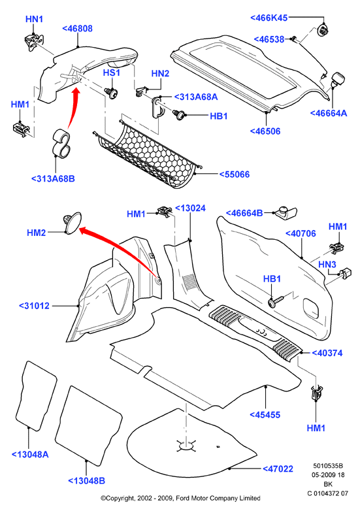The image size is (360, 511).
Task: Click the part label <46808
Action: pyautogui.click(x=78, y=29)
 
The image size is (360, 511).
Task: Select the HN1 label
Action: pyautogui.click(x=34, y=19)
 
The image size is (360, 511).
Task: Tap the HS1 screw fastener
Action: pyautogui.click(x=112, y=93)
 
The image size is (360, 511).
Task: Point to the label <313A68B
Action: pyautogui.click(x=53, y=178)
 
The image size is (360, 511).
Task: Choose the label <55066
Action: pyautogui.click(x=235, y=174)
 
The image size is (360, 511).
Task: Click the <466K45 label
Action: pyautogui.click(x=269, y=18)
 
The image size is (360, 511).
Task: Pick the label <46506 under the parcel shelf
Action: pyautogui.click(x=265, y=131)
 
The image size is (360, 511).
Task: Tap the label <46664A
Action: pyautogui.click(x=329, y=113)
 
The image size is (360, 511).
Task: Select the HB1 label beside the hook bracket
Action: pyautogui.click(x=219, y=116)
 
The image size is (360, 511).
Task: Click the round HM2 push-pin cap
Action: pyautogui.click(x=72, y=222)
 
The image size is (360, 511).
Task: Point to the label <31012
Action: pyautogui.click(x=34, y=306)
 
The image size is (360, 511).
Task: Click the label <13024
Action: pyautogui.click(x=191, y=208)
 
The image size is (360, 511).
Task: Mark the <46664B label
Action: pyautogui.click(x=244, y=213)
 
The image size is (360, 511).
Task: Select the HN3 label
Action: pyautogui.click(x=327, y=264)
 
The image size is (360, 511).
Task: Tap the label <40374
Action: pyautogui.click(x=327, y=353)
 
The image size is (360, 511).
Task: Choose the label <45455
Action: pyautogui.click(x=265, y=415)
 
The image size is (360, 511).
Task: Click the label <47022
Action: pyautogui.click(x=278, y=469)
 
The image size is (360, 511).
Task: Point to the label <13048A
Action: pyautogui.click(x=30, y=454)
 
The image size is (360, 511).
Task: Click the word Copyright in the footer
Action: pyautogui.click(x=118, y=499)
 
